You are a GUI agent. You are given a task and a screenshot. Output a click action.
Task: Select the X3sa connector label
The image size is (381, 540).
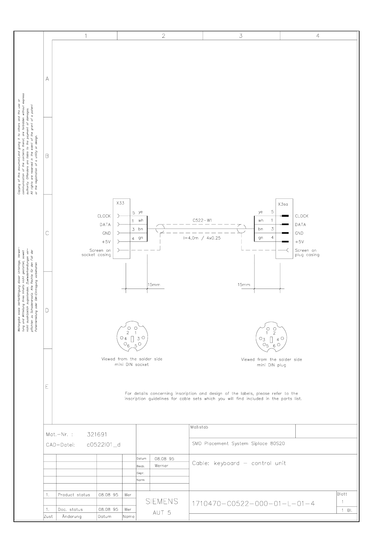[283, 204]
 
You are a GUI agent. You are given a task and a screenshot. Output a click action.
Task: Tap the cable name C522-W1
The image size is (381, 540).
[202, 221]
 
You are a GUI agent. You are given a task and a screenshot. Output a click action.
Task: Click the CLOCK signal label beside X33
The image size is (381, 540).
[104, 216]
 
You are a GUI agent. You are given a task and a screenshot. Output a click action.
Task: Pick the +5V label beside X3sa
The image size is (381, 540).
[299, 242]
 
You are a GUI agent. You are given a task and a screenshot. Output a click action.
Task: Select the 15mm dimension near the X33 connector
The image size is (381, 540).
[154, 284]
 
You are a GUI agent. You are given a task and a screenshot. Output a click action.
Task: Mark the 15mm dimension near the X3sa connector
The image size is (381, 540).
[244, 284]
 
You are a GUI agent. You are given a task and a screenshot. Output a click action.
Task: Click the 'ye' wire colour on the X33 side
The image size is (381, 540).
[140, 212]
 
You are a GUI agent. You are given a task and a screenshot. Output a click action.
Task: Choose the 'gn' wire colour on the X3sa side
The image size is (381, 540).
[260, 238]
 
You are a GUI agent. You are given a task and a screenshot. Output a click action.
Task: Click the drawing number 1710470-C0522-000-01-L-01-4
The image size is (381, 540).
[253, 503]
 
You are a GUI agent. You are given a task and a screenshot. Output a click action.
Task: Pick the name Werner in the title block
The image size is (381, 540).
[161, 466]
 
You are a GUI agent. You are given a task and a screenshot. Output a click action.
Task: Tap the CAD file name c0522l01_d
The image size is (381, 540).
[104, 445]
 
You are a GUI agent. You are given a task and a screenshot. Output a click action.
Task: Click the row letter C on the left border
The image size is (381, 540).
[47, 233]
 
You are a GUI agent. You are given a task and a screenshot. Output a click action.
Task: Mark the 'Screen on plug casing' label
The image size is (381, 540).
[307, 253]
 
